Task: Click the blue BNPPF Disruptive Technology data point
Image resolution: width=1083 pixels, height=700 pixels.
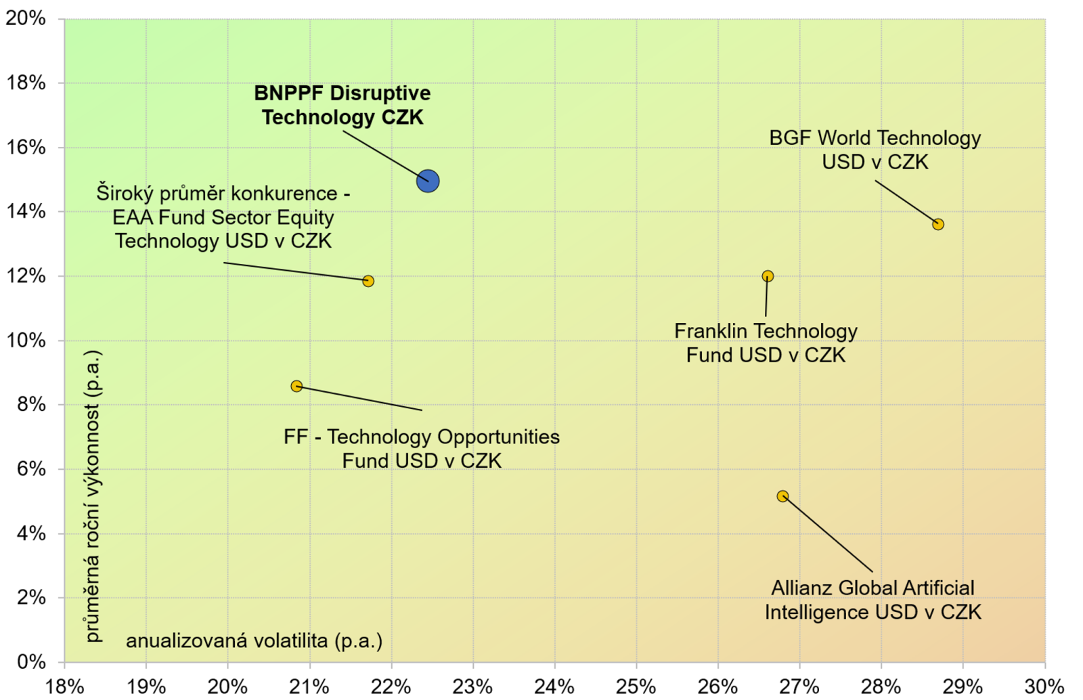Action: tap(428, 181)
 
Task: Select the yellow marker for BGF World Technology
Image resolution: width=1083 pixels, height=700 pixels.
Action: tap(938, 224)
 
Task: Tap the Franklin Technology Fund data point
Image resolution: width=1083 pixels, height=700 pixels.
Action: tap(768, 276)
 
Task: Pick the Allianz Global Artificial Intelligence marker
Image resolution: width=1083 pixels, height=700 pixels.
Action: tap(782, 496)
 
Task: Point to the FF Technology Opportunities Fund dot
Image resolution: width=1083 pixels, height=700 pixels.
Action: tap(297, 387)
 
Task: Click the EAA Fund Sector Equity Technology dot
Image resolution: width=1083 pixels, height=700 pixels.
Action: tap(368, 281)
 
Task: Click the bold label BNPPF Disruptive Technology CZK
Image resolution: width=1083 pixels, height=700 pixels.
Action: tap(342, 106)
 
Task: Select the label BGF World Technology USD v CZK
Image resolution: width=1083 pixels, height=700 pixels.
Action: tap(875, 150)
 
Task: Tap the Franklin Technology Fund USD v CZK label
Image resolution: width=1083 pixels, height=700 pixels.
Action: tap(766, 343)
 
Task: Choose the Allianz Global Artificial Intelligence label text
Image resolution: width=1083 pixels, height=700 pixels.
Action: tap(873, 600)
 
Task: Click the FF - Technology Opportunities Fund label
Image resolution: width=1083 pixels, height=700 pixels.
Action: tap(422, 449)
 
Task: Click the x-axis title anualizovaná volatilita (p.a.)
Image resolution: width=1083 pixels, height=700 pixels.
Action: tap(255, 641)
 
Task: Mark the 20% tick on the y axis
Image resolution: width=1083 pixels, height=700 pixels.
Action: tap(25, 19)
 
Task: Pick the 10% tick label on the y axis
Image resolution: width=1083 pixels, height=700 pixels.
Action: tap(25, 341)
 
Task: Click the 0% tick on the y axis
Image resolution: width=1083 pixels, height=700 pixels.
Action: tap(31, 662)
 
